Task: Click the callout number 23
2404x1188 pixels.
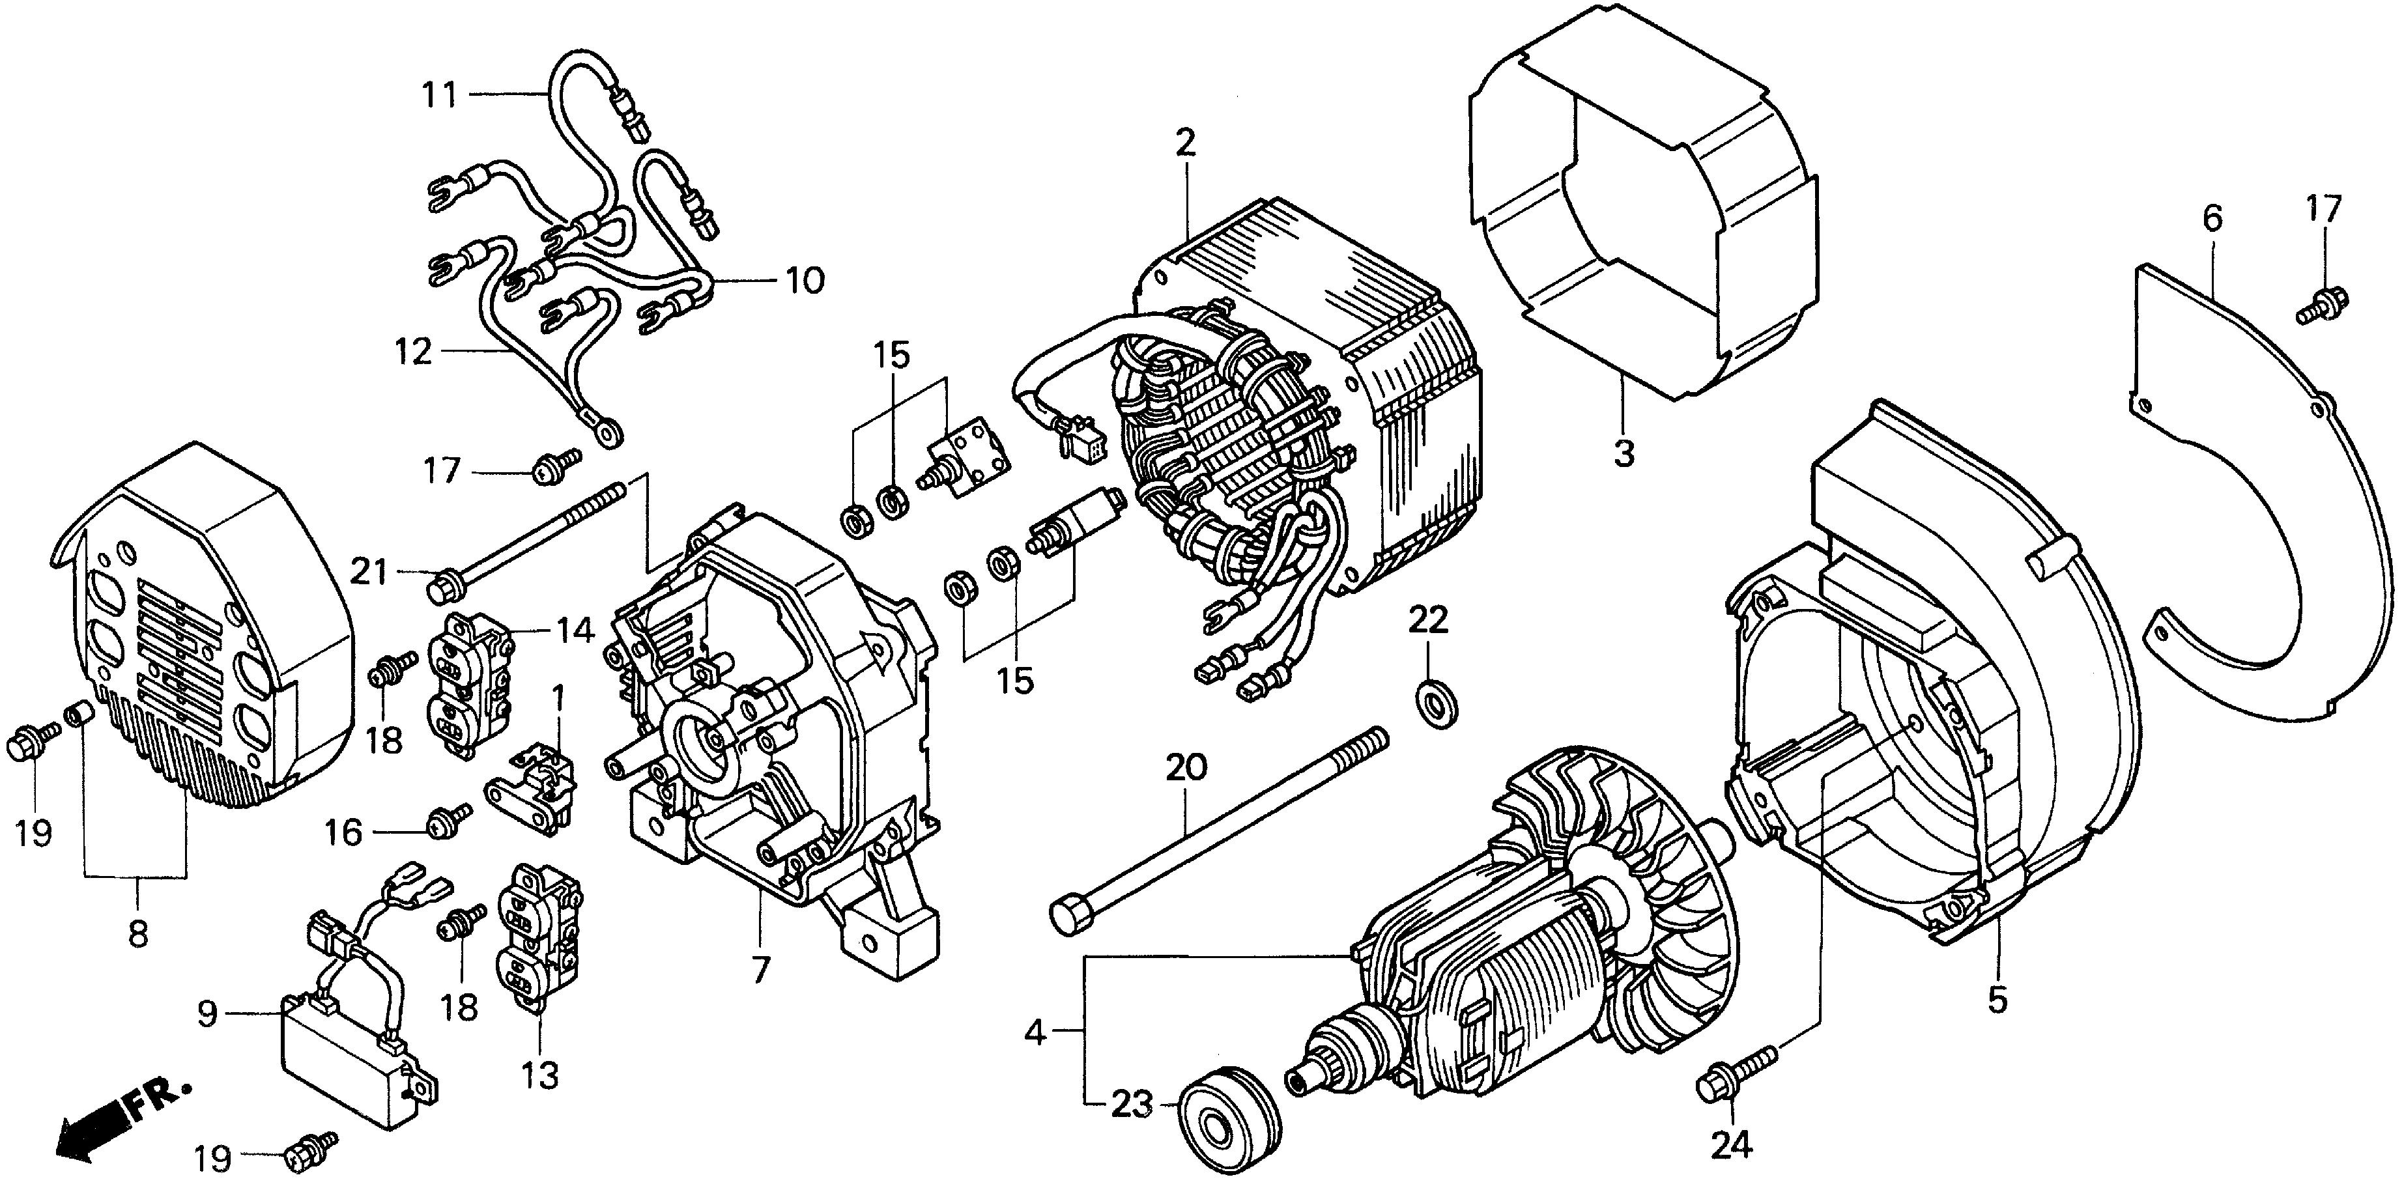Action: pyautogui.click(x=1132, y=1106)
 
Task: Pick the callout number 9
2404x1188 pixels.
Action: pyautogui.click(x=207, y=1011)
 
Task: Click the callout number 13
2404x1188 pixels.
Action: pyautogui.click(x=539, y=1075)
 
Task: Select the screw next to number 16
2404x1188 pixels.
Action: pyautogui.click(x=447, y=822)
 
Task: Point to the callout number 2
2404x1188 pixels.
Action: pyautogui.click(x=1185, y=143)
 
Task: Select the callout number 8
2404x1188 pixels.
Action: pyautogui.click(x=138, y=933)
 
